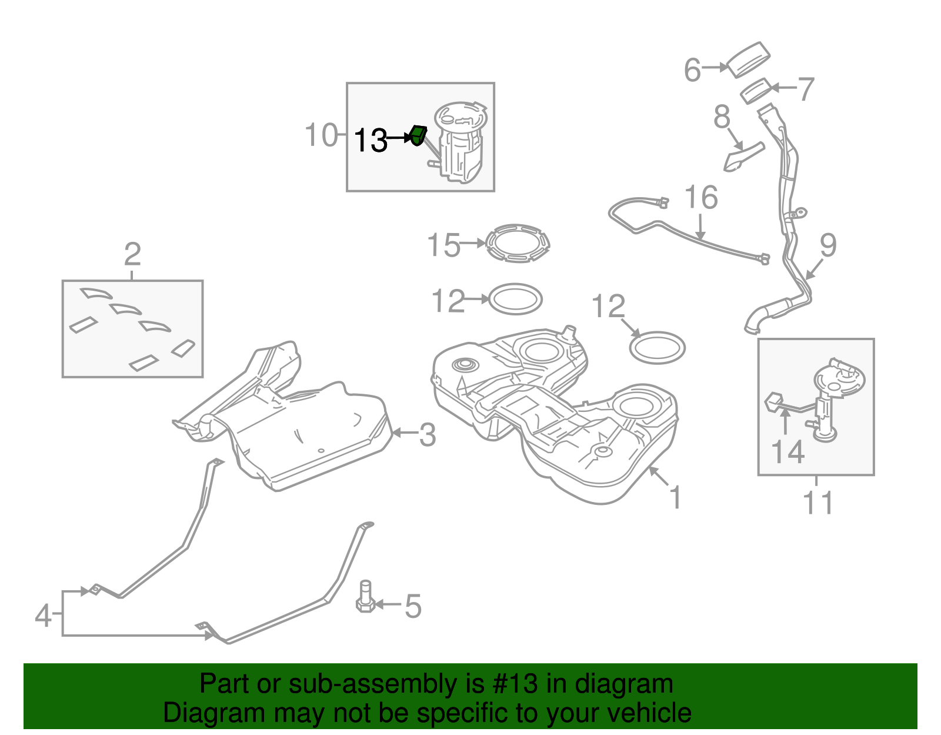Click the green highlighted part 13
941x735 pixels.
pyautogui.click(x=418, y=135)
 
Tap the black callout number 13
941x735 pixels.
pyautogui.click(x=371, y=141)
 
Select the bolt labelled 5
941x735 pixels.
pyautogui.click(x=365, y=597)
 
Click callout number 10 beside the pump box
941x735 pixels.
pyautogui.click(x=322, y=135)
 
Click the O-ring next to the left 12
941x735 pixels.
pyautogui.click(x=515, y=299)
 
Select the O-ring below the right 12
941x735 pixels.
pyautogui.click(x=657, y=348)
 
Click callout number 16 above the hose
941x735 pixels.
pyautogui.click(x=701, y=198)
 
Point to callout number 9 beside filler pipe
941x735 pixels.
pyautogui.click(x=828, y=245)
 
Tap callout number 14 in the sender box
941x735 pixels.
pyautogui.click(x=787, y=452)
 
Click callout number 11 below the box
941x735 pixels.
pyautogui.click(x=817, y=503)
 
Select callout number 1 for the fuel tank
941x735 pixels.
pyautogui.click(x=676, y=497)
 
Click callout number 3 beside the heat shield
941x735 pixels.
pyautogui.click(x=428, y=435)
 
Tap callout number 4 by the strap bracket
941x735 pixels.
pyautogui.click(x=43, y=616)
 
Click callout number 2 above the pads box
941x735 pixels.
pyautogui.click(x=132, y=255)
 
